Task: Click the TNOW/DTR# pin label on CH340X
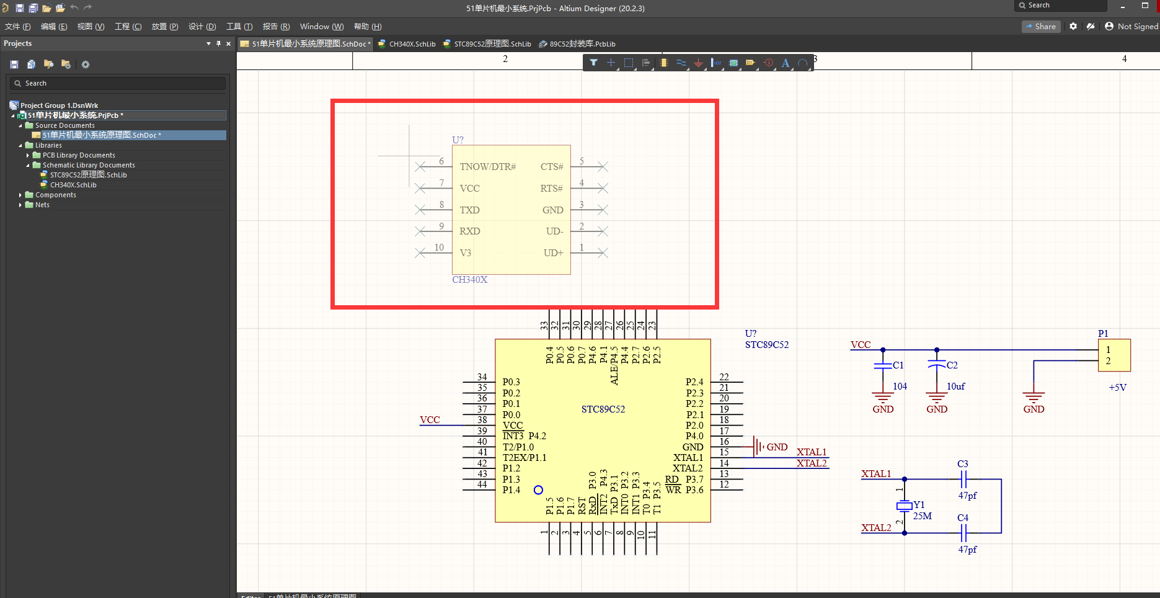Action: point(487,167)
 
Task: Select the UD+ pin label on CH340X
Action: point(553,253)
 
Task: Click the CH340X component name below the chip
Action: point(469,280)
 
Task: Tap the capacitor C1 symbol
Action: point(883,366)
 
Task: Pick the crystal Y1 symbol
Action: point(905,506)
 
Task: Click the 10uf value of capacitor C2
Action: point(955,386)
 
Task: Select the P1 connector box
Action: point(1114,355)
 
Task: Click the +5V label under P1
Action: point(1117,388)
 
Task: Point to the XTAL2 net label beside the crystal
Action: point(876,528)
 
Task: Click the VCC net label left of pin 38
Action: point(430,420)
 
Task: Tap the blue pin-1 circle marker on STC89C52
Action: point(538,490)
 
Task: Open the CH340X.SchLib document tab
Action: point(412,44)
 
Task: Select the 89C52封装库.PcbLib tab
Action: point(582,44)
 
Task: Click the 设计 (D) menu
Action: point(202,27)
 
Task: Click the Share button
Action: point(1040,27)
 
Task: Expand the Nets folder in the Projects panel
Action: point(20,205)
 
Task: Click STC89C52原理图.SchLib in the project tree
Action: point(88,175)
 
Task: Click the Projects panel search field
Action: point(118,83)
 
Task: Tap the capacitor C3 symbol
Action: point(963,480)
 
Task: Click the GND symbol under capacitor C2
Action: point(936,400)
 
